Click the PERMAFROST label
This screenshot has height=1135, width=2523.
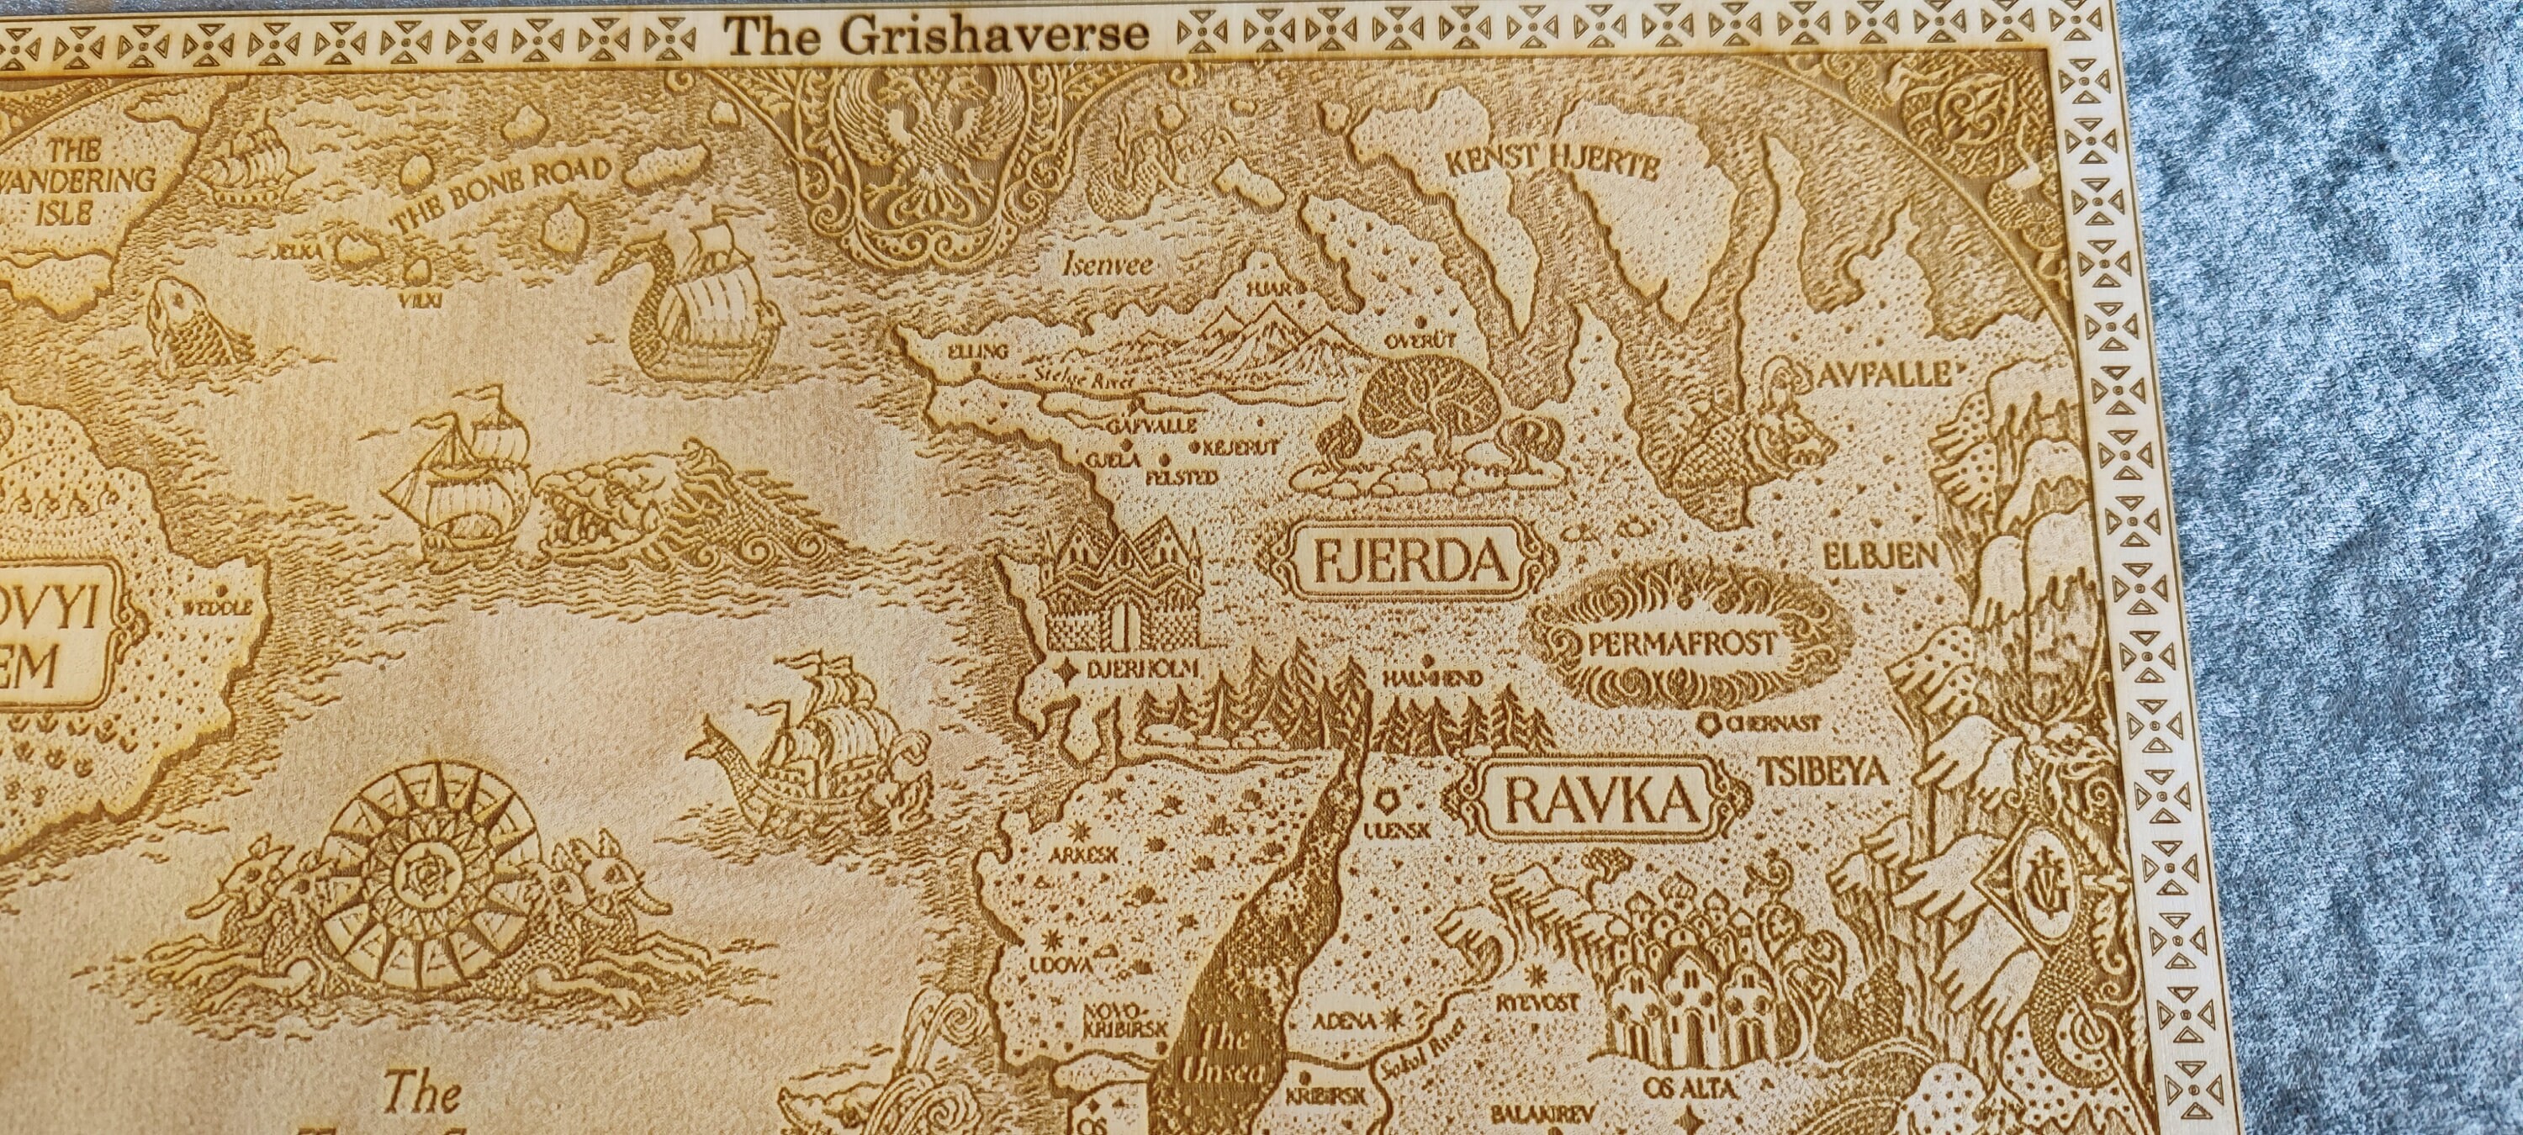click(x=1682, y=644)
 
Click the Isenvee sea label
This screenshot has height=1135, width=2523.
click(x=1108, y=263)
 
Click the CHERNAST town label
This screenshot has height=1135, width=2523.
click(x=1772, y=724)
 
